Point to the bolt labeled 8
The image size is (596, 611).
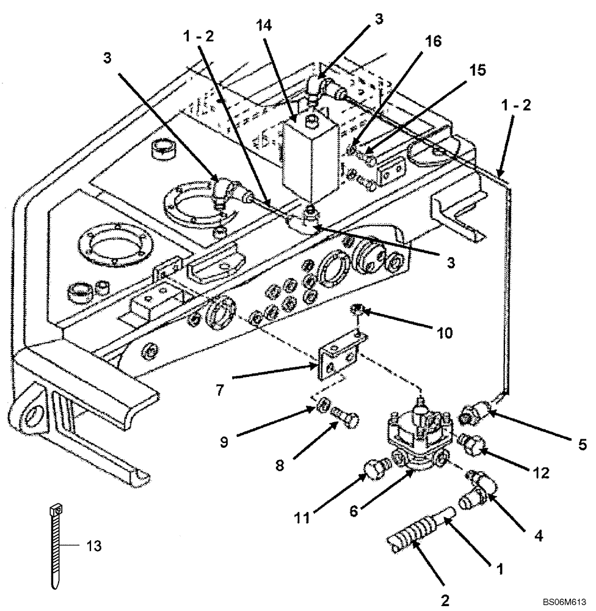point(346,421)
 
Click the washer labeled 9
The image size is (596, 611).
point(325,407)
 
